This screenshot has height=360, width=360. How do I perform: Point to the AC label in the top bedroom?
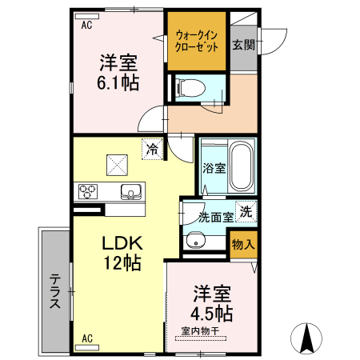pyautogui.click(x=86, y=25)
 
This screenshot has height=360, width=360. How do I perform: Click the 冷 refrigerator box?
pyautogui.click(x=150, y=148)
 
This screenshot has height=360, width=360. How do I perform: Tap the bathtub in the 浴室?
pyautogui.click(x=239, y=169)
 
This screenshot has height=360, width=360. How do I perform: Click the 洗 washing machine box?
pyautogui.click(x=246, y=211)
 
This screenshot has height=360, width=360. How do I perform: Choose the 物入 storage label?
pyautogui.click(x=243, y=245)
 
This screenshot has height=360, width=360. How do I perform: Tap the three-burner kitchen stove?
pyautogui.click(x=87, y=192)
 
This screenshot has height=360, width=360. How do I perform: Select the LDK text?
pyautogui.click(x=121, y=245)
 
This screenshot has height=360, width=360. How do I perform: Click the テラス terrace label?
pyautogui.click(x=55, y=291)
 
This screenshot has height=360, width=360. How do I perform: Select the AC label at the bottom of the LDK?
pyautogui.click(x=86, y=338)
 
